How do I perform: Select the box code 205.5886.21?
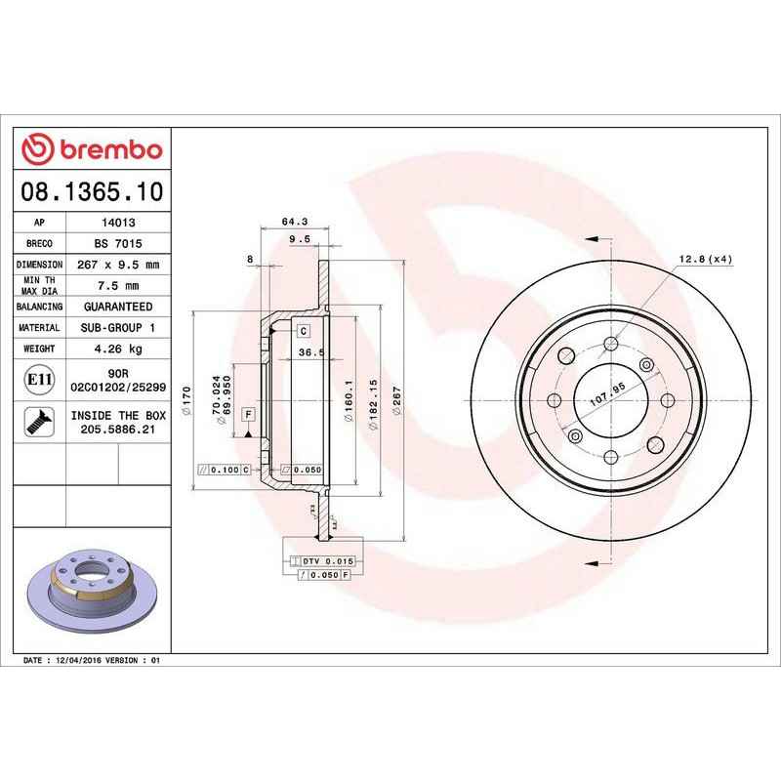pyautogui.click(x=118, y=429)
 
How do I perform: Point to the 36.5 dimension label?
pyautogui.click(x=310, y=352)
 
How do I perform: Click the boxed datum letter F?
pyautogui.click(x=249, y=414)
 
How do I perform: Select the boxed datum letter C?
pyautogui.click(x=304, y=332)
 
